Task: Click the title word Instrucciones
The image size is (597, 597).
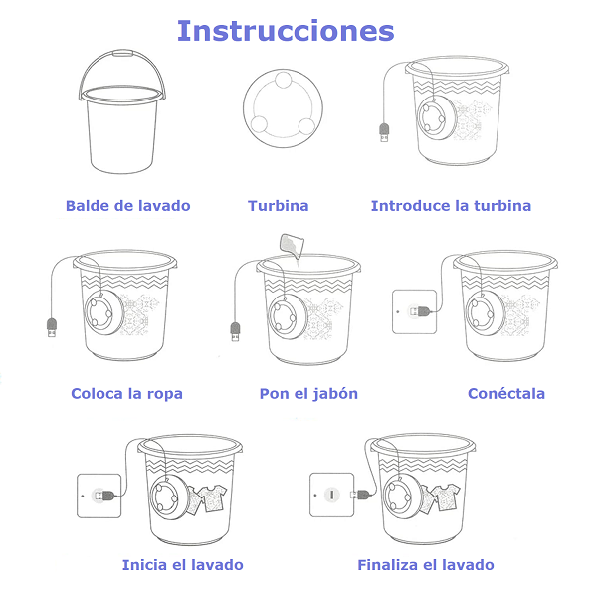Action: [286, 31]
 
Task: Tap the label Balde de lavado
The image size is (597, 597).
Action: [128, 206]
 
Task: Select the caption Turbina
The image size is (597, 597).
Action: [279, 206]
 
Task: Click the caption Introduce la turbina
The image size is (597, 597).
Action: [451, 206]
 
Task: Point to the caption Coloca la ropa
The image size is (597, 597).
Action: [126, 394]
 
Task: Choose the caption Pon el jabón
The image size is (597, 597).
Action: [308, 394]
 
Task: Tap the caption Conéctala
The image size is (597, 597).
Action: [506, 393]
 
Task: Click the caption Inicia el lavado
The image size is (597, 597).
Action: [183, 565]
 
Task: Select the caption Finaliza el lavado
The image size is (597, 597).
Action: [426, 565]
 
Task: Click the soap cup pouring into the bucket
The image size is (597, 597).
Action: [292, 246]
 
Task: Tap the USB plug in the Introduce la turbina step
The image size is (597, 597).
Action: [384, 133]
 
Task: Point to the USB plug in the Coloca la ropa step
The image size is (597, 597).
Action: [52, 327]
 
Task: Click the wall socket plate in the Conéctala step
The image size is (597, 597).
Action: [414, 311]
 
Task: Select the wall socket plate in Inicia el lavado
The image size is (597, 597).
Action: [99, 496]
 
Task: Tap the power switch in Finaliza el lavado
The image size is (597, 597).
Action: [331, 495]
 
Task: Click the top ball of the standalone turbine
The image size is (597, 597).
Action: [284, 80]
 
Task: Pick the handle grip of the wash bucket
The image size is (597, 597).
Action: [122, 53]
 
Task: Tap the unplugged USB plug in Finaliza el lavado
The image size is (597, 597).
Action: [360, 495]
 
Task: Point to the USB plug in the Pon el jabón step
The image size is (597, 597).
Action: [235, 332]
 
